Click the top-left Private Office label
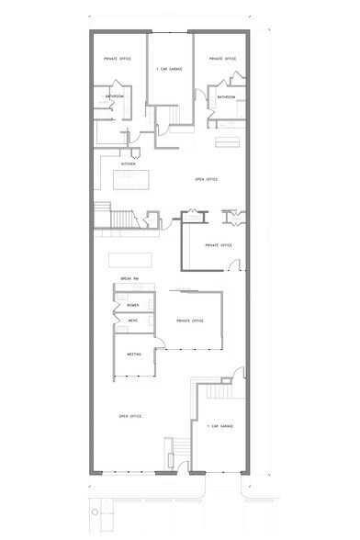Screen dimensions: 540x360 118,58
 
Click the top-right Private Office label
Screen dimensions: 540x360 223,58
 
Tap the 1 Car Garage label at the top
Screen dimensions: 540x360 170,67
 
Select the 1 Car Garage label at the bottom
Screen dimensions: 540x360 220,426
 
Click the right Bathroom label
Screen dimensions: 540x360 227,97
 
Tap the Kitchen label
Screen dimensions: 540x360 116,163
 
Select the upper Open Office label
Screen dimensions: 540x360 206,180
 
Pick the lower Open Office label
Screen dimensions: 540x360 129,416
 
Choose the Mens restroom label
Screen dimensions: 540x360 132,321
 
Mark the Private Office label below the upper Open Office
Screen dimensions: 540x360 218,245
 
